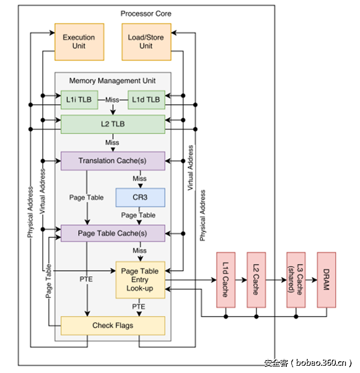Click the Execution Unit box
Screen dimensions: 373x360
click(79, 42)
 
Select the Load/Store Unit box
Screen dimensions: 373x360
click(146, 42)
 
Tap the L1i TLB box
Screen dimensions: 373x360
click(76, 100)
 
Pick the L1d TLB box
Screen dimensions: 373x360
click(146, 100)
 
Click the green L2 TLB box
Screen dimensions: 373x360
click(112, 124)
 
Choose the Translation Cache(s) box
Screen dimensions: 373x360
click(112, 161)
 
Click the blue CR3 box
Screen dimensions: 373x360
click(140, 197)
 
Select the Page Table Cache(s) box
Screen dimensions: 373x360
click(112, 233)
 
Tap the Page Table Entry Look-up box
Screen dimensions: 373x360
click(140, 280)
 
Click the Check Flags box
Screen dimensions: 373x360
click(112, 326)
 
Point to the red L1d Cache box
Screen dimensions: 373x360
click(225, 280)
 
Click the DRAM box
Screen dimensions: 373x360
click(328, 280)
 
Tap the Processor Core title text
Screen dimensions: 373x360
click(146, 13)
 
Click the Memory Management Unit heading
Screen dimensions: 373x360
click(112, 81)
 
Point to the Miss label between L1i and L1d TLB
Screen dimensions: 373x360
click(112, 100)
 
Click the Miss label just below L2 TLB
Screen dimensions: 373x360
click(112, 142)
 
